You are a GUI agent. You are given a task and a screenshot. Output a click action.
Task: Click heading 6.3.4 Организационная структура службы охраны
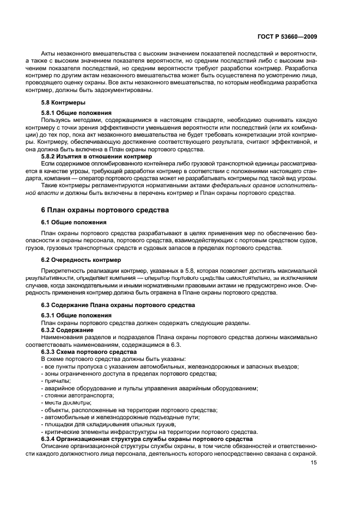[x=147, y=438]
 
